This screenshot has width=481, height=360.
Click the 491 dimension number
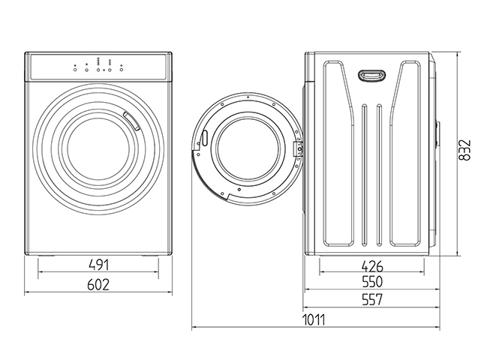(x=99, y=265)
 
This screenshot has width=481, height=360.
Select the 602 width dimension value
(x=98, y=284)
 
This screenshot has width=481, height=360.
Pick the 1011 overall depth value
(x=314, y=319)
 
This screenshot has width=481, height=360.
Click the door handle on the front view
(x=131, y=120)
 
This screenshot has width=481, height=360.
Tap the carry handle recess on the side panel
(x=370, y=75)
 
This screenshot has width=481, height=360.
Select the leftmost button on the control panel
(x=75, y=67)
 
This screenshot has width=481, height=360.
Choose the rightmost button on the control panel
(x=120, y=67)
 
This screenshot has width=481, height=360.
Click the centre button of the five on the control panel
(x=98, y=67)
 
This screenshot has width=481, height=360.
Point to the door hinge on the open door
(x=298, y=148)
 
